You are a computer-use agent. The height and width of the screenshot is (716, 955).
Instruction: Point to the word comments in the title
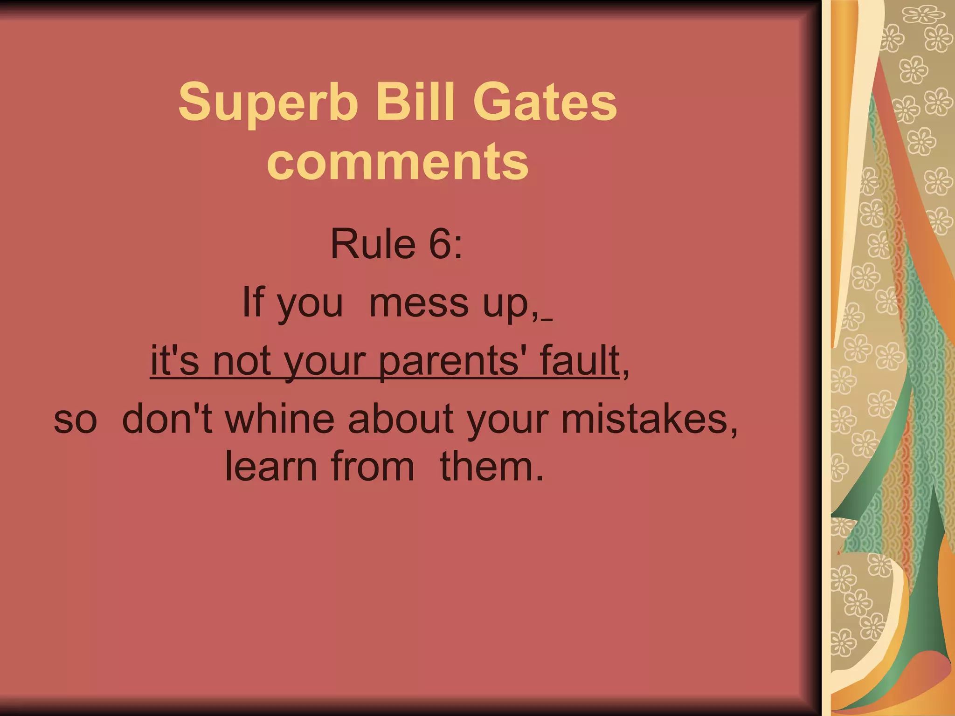[398, 161]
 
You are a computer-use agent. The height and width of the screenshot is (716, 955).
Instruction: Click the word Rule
[373, 244]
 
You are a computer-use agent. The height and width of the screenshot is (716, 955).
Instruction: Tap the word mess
[419, 303]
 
